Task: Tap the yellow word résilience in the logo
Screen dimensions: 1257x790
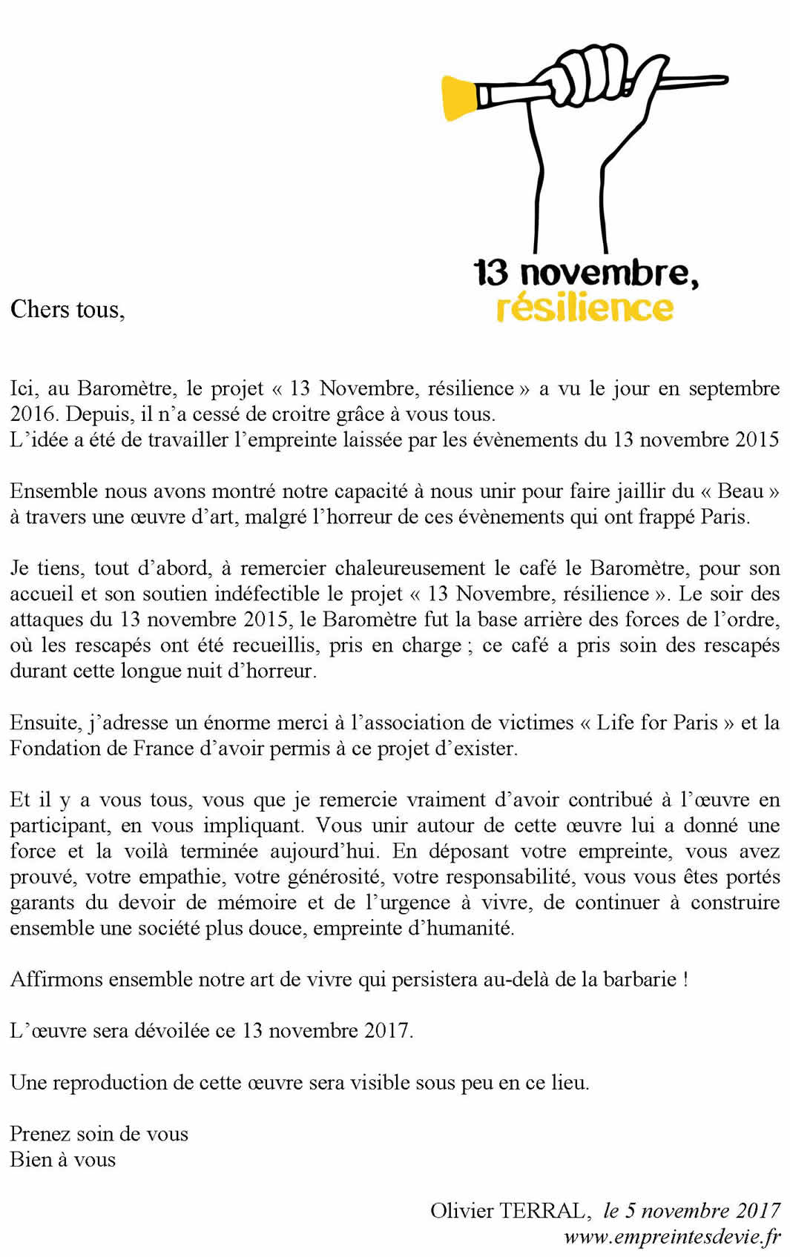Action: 585,308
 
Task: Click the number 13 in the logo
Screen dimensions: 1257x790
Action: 491,273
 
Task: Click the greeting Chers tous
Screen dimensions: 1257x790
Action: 68,309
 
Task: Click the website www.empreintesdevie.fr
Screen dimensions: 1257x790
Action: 672,1236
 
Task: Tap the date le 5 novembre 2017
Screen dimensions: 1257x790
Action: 691,1210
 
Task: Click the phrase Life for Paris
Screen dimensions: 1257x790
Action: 656,723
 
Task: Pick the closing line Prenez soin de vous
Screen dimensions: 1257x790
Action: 99,1134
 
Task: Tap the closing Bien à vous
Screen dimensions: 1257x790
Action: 63,1159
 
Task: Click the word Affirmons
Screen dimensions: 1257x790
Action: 56,979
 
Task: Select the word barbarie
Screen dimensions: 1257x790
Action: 639,979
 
